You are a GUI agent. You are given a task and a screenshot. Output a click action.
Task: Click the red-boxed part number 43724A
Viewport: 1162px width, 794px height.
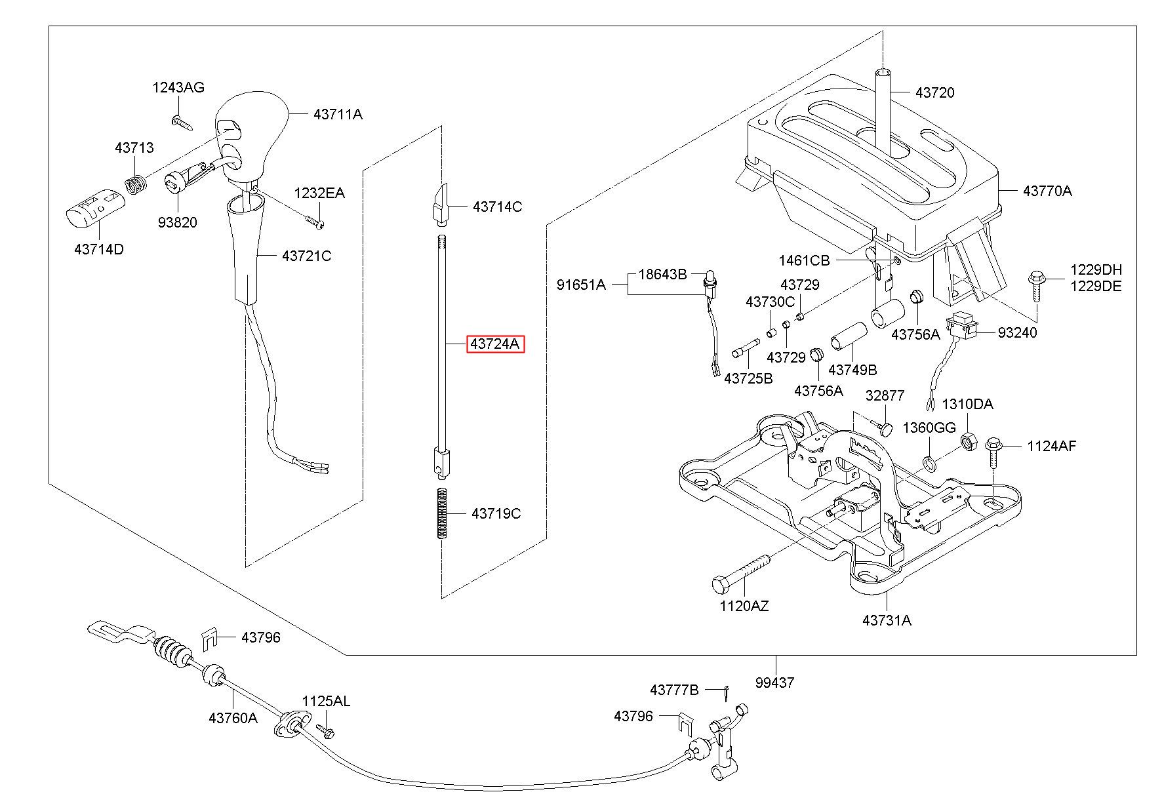(x=495, y=344)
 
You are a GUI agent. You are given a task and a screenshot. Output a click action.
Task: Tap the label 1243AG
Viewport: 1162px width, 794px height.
(x=178, y=87)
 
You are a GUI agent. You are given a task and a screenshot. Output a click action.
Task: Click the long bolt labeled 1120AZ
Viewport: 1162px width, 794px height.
(x=740, y=571)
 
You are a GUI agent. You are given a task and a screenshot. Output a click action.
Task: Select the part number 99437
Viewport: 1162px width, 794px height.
(x=774, y=683)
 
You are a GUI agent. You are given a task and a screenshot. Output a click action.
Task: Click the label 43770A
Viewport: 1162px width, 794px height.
(x=1047, y=191)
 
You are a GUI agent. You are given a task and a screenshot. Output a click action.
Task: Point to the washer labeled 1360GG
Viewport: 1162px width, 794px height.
(x=929, y=464)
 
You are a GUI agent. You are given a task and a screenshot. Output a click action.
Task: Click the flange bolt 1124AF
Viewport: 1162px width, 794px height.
(x=992, y=453)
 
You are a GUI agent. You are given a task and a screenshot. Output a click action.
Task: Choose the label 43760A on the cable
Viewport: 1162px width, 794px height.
(x=233, y=718)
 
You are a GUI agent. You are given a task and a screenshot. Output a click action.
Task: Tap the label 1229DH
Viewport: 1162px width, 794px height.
(x=1096, y=269)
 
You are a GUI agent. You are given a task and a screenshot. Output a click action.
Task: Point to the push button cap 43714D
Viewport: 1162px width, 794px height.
(x=96, y=207)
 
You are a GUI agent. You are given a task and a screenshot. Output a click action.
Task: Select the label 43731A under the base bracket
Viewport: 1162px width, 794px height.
(x=887, y=620)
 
